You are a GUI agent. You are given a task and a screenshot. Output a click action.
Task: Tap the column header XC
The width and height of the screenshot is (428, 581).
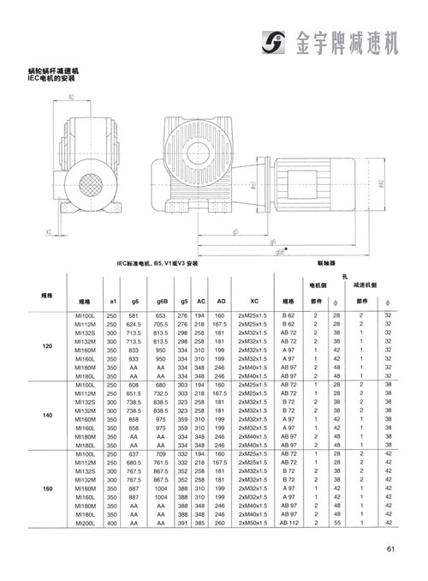(x=254, y=302)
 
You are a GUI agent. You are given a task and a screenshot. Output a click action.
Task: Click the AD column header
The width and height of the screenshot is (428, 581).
(x=221, y=302)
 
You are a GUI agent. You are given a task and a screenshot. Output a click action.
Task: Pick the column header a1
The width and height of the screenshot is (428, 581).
(x=111, y=302)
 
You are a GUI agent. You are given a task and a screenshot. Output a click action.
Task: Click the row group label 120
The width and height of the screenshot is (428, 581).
(x=47, y=346)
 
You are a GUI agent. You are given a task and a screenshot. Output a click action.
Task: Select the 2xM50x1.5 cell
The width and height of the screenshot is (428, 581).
(x=254, y=522)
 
